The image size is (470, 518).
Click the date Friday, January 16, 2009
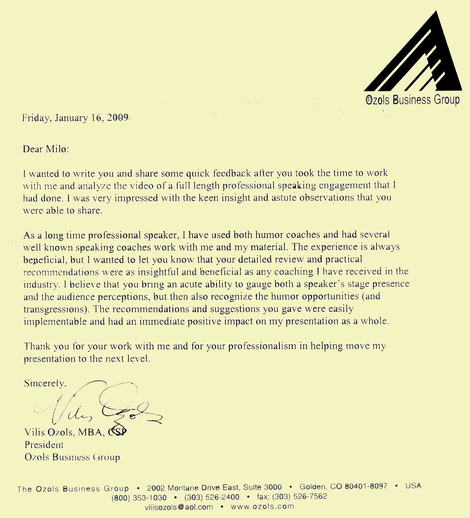click(x=75, y=118)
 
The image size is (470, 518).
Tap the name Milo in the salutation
click(x=57, y=149)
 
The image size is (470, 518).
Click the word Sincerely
click(x=45, y=383)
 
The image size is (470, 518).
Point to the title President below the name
click(x=44, y=445)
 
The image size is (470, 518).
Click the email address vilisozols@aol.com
click(x=179, y=507)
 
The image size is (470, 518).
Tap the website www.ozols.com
click(x=262, y=506)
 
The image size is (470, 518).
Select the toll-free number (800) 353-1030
click(x=139, y=498)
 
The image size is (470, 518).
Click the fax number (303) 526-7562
click(x=299, y=496)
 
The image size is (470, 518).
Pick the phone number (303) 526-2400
click(x=212, y=497)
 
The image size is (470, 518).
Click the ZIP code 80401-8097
click(x=366, y=486)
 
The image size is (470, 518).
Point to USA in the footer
click(x=413, y=486)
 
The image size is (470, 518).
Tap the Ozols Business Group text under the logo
click(x=413, y=100)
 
